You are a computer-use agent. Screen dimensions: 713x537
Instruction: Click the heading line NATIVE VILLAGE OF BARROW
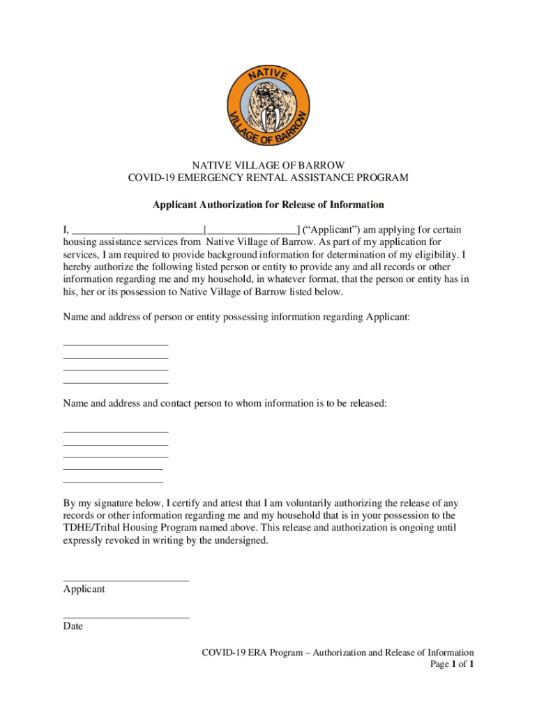(268, 165)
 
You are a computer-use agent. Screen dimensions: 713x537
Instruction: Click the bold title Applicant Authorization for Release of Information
(268, 205)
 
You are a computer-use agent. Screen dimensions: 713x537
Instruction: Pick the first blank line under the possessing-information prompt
(116, 345)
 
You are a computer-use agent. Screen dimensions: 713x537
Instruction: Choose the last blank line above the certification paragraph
(113, 482)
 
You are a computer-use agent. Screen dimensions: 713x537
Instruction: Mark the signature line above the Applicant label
(126, 580)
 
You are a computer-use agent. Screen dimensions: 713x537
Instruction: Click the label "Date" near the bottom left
(73, 626)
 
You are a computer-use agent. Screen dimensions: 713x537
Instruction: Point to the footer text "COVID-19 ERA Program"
(252, 652)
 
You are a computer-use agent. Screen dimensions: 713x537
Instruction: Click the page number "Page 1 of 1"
(453, 664)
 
